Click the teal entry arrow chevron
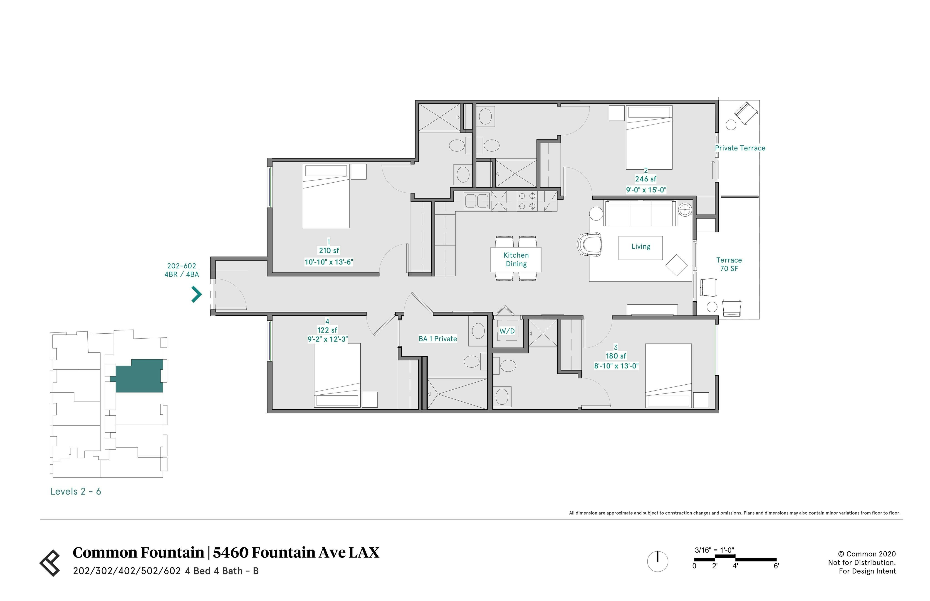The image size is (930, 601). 196,294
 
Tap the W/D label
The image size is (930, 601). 507,331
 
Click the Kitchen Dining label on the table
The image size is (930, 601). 516,259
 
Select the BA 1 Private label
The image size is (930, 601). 438,339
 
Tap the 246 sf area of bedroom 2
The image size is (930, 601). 646,179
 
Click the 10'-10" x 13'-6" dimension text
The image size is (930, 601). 329,262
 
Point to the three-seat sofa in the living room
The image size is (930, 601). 641,213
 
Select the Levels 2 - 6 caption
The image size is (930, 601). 75,491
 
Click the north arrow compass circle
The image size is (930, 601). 658,561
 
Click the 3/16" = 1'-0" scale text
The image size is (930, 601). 714,550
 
